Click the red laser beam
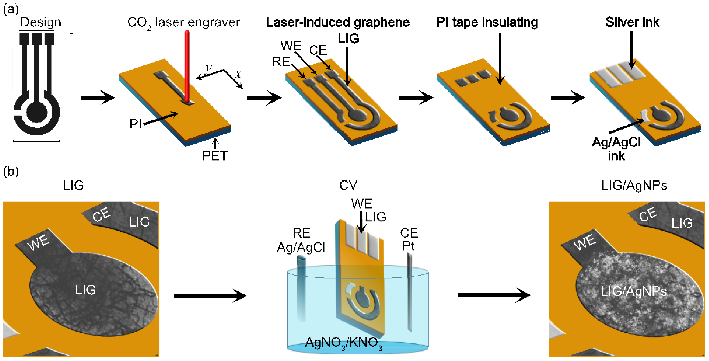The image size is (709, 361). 187,66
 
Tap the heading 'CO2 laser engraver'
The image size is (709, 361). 184,22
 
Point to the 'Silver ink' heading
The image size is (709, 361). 632,22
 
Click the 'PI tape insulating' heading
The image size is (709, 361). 487,22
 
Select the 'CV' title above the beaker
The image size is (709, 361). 348,185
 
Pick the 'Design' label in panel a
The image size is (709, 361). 41,22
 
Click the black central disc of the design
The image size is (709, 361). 37,112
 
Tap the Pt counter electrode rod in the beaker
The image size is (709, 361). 410,291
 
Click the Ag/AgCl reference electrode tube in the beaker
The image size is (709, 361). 301,289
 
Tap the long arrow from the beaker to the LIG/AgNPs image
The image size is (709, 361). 494,295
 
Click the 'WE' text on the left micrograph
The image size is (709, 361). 39,242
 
